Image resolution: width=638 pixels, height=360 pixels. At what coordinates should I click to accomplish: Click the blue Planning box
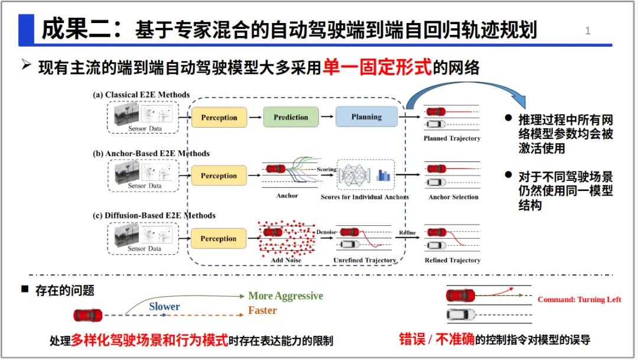(366, 117)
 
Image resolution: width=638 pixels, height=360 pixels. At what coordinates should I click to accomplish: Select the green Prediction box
(291, 117)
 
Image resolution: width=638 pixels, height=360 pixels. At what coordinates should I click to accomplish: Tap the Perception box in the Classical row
(219, 118)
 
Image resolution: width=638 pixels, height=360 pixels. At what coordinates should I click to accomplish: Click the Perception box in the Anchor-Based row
(219, 176)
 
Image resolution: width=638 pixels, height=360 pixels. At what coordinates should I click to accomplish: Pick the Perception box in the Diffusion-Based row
(219, 239)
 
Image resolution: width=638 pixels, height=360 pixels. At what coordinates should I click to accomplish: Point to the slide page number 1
(588, 31)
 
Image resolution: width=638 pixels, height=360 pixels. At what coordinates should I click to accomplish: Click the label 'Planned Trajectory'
(452, 138)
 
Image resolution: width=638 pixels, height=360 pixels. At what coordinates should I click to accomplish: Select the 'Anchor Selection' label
(453, 197)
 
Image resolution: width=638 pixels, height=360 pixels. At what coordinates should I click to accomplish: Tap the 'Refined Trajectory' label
(453, 260)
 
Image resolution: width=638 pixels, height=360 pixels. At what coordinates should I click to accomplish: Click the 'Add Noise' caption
(286, 260)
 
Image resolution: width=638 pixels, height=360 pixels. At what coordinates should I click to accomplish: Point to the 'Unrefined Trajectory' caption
(364, 260)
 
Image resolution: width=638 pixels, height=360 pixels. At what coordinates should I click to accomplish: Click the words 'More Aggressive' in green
(285, 296)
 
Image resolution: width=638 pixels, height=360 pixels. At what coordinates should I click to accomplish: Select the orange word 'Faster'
(262, 310)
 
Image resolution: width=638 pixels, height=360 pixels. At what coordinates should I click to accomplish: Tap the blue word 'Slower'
(164, 306)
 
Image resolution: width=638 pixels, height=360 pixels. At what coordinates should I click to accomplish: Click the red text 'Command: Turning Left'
(579, 300)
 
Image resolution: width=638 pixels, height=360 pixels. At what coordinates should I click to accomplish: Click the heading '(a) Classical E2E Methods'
(141, 95)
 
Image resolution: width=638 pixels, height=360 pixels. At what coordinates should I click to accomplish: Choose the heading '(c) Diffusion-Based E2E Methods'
(154, 215)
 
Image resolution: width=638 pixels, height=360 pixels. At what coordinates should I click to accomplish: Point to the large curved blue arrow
(467, 90)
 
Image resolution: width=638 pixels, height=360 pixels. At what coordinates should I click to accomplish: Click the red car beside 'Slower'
(87, 315)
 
